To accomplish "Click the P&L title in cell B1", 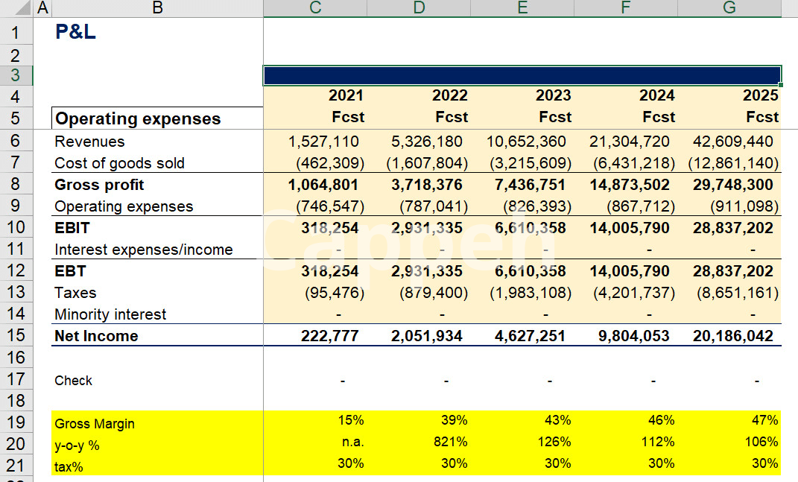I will point(75,32).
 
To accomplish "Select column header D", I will point(419,8).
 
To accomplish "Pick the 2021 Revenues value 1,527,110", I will point(323,142).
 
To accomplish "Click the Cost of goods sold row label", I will point(119,163).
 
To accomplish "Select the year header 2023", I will point(553,95).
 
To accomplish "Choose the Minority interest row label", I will point(110,314).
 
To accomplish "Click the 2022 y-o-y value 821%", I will point(452,442).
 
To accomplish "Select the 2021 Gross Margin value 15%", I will point(350,420).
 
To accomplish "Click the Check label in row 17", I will point(73,381).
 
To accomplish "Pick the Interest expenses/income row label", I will point(143,250).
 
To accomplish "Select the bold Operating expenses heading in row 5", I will point(138,119).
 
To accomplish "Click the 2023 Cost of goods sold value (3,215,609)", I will point(530,163).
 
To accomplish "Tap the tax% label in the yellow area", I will point(70,467).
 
